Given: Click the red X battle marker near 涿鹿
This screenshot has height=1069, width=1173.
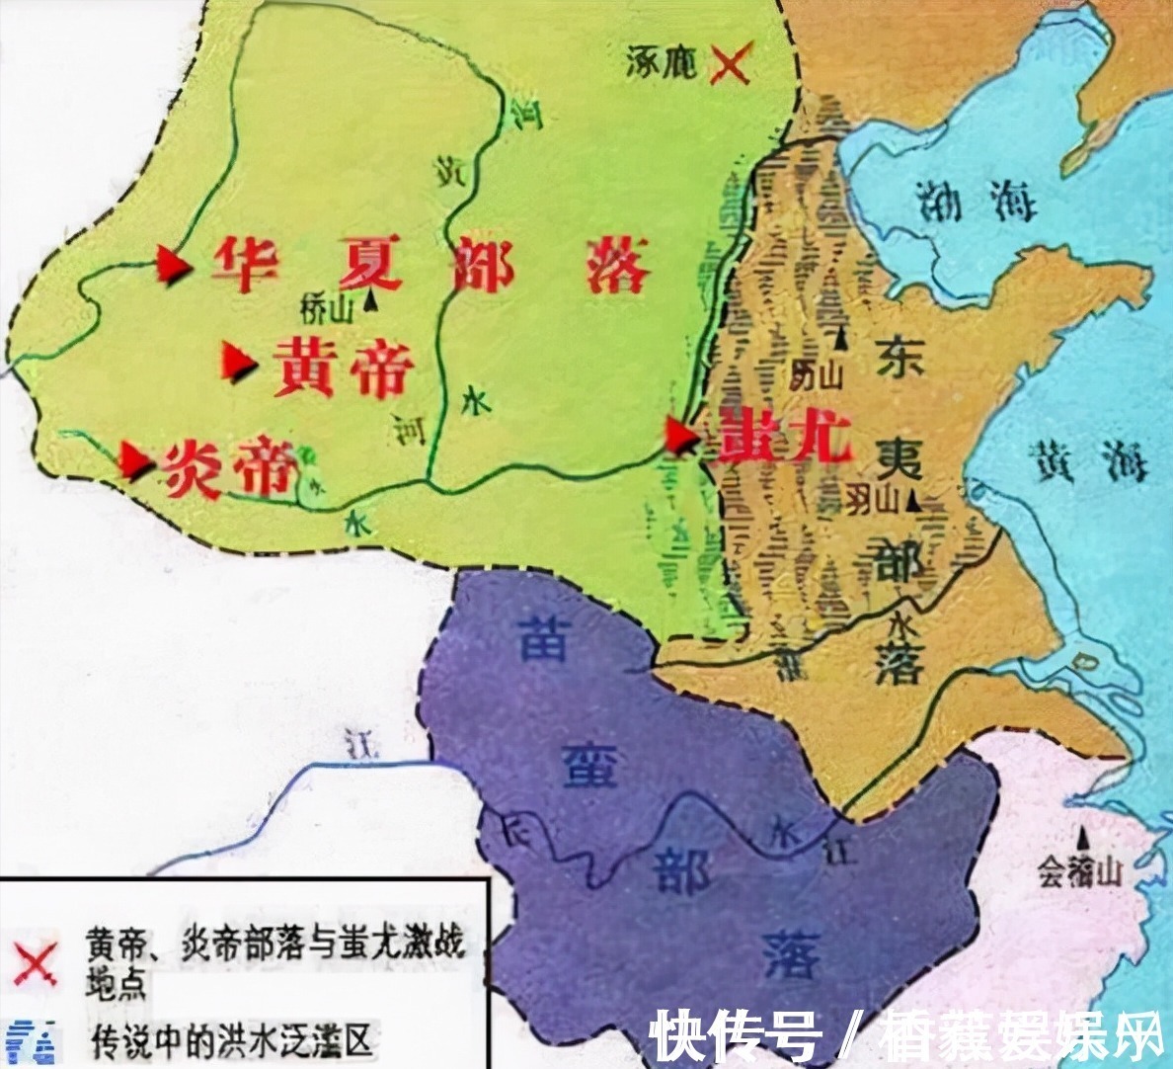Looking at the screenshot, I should coord(730,62).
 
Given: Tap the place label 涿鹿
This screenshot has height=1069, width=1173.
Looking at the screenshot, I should coord(662,63).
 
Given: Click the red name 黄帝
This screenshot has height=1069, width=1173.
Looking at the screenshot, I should coord(343,365).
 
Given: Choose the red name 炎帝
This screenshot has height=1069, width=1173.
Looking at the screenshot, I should coord(231,468).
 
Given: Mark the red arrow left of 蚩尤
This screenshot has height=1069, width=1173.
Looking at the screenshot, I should coord(680,435).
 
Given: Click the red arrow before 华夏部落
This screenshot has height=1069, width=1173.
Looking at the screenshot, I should coord(174,265).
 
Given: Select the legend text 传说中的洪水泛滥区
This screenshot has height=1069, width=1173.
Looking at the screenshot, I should coord(231,1040).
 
